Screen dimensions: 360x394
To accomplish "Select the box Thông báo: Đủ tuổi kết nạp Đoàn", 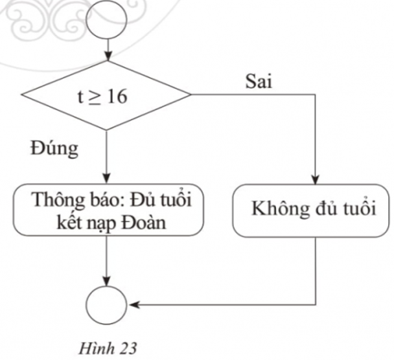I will pos(106,212).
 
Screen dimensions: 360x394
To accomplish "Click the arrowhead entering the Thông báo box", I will pos(106,182).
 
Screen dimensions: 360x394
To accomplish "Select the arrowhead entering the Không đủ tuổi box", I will pos(315,182).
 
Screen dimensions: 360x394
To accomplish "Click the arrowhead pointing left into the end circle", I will pos(132,304).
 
